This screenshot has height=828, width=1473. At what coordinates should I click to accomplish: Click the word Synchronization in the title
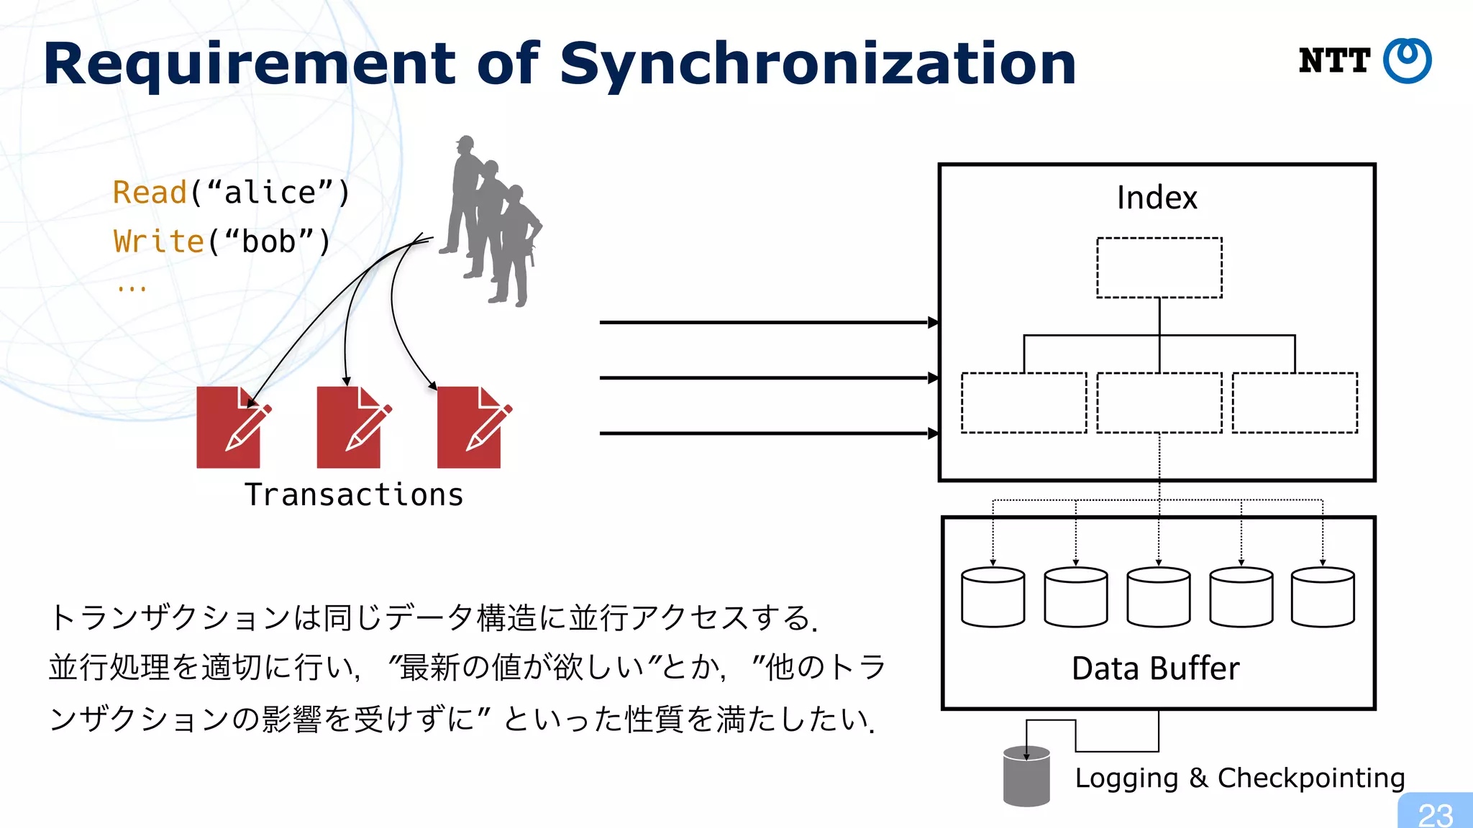[x=817, y=65]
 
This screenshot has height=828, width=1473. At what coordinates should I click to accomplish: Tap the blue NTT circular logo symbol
[x=1407, y=60]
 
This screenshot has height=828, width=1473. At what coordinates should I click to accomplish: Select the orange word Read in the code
[x=150, y=193]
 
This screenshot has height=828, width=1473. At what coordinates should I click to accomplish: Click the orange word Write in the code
[x=159, y=241]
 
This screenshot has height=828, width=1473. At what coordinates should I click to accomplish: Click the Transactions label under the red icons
[x=354, y=495]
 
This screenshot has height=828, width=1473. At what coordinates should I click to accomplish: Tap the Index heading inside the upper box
[x=1157, y=198]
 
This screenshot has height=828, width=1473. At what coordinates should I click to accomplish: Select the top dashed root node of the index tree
[x=1159, y=267]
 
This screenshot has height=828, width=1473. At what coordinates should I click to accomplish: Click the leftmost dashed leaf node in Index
[x=1023, y=402]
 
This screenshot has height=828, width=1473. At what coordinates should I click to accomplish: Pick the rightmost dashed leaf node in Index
[x=1295, y=402]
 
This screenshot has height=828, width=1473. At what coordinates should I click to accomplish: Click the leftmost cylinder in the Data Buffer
[x=993, y=597]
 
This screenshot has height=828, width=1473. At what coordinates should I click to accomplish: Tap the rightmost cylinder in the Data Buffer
[x=1323, y=597]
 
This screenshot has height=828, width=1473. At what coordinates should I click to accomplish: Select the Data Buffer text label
[x=1155, y=668]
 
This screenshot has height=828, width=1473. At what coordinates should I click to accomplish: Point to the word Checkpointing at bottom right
[x=1310, y=778]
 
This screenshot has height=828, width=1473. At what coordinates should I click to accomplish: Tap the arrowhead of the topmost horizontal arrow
[x=934, y=322]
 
